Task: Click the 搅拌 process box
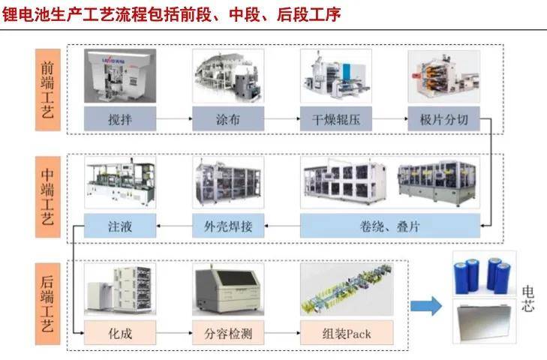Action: (x=120, y=119)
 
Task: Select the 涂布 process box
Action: (x=228, y=119)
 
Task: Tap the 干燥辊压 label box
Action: (x=336, y=119)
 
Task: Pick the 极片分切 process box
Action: (x=443, y=119)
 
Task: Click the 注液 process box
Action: (x=120, y=226)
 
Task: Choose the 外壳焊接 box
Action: (x=228, y=226)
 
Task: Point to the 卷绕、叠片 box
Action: (x=390, y=226)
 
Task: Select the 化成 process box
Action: (x=120, y=333)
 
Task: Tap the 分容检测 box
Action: (x=228, y=333)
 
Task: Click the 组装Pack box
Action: (x=347, y=333)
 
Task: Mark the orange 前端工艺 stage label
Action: (x=48, y=90)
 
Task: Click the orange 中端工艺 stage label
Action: (x=48, y=197)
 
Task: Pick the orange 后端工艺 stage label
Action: (x=48, y=304)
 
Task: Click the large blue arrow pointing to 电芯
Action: (x=426, y=306)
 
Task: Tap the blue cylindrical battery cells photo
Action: (x=484, y=274)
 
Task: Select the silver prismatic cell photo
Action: (x=484, y=321)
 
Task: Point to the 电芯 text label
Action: (x=527, y=299)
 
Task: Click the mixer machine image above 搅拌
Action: (x=120, y=76)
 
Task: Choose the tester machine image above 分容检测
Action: (x=228, y=289)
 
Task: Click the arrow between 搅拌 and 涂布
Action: (x=174, y=119)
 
